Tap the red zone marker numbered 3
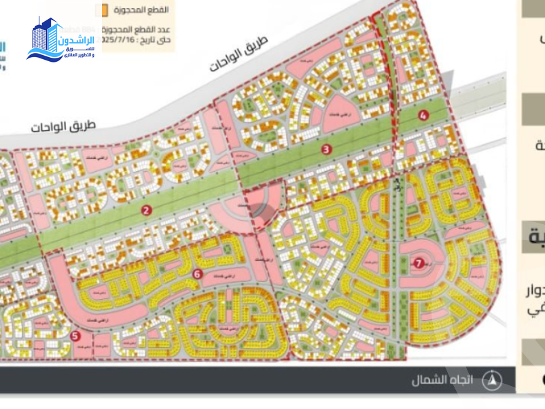326,149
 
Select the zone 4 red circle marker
423,115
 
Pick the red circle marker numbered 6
197,274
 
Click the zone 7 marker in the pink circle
419,263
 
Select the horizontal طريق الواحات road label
64,126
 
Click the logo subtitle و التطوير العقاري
79,54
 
